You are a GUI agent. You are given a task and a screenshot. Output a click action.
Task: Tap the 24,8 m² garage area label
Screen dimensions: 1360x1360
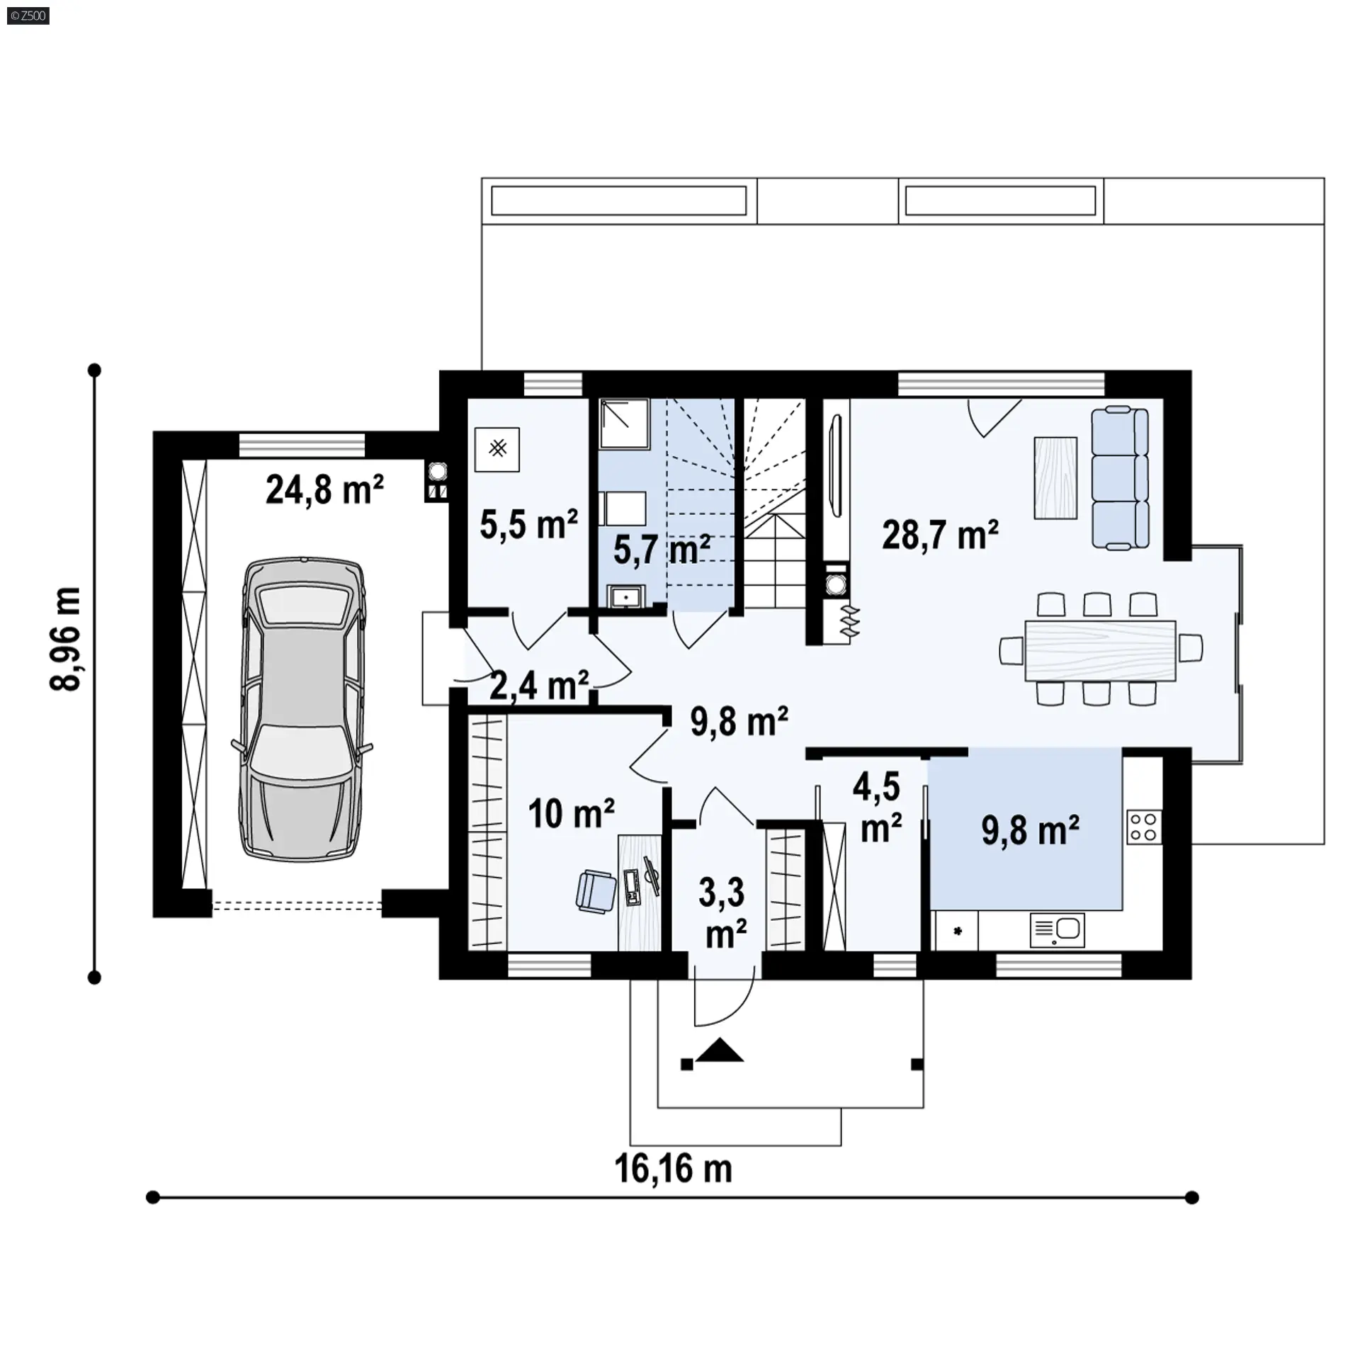click(x=325, y=489)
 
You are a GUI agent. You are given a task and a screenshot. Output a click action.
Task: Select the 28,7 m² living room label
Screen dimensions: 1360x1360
click(x=941, y=535)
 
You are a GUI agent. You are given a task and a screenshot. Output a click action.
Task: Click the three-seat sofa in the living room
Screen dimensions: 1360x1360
click(x=1120, y=477)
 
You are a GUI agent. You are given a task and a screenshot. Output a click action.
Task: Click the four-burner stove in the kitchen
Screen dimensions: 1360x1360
click(x=1144, y=827)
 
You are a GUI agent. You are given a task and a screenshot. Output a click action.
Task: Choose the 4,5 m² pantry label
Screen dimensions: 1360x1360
click(x=878, y=808)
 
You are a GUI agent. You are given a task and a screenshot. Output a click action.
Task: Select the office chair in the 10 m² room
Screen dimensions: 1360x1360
click(x=596, y=891)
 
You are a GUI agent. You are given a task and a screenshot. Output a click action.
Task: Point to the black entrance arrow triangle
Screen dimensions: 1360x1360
click(x=720, y=1050)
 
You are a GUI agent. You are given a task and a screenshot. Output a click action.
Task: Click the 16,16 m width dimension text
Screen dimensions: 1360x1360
click(x=674, y=1169)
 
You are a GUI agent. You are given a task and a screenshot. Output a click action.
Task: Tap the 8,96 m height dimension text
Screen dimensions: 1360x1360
click(x=66, y=638)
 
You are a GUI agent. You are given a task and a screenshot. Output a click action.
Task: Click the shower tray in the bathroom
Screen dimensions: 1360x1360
click(x=625, y=424)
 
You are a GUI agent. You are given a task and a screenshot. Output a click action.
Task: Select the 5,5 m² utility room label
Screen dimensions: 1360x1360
click(x=528, y=524)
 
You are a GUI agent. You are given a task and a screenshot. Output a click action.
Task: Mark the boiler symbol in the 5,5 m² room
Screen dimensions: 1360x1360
click(x=497, y=449)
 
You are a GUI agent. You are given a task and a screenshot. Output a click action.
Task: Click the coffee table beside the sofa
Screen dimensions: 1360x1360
click(x=1055, y=477)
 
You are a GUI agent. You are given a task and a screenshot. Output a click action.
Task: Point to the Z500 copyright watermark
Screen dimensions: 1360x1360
click(x=28, y=16)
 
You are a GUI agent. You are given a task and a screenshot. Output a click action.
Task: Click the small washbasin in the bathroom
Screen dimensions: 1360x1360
click(x=625, y=596)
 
